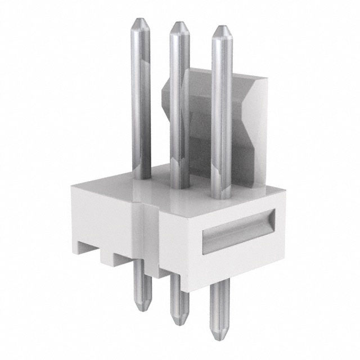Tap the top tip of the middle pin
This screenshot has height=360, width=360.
(x=179, y=24)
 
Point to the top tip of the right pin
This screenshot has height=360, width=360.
(x=222, y=28)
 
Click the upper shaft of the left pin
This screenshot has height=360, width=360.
(x=141, y=101)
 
